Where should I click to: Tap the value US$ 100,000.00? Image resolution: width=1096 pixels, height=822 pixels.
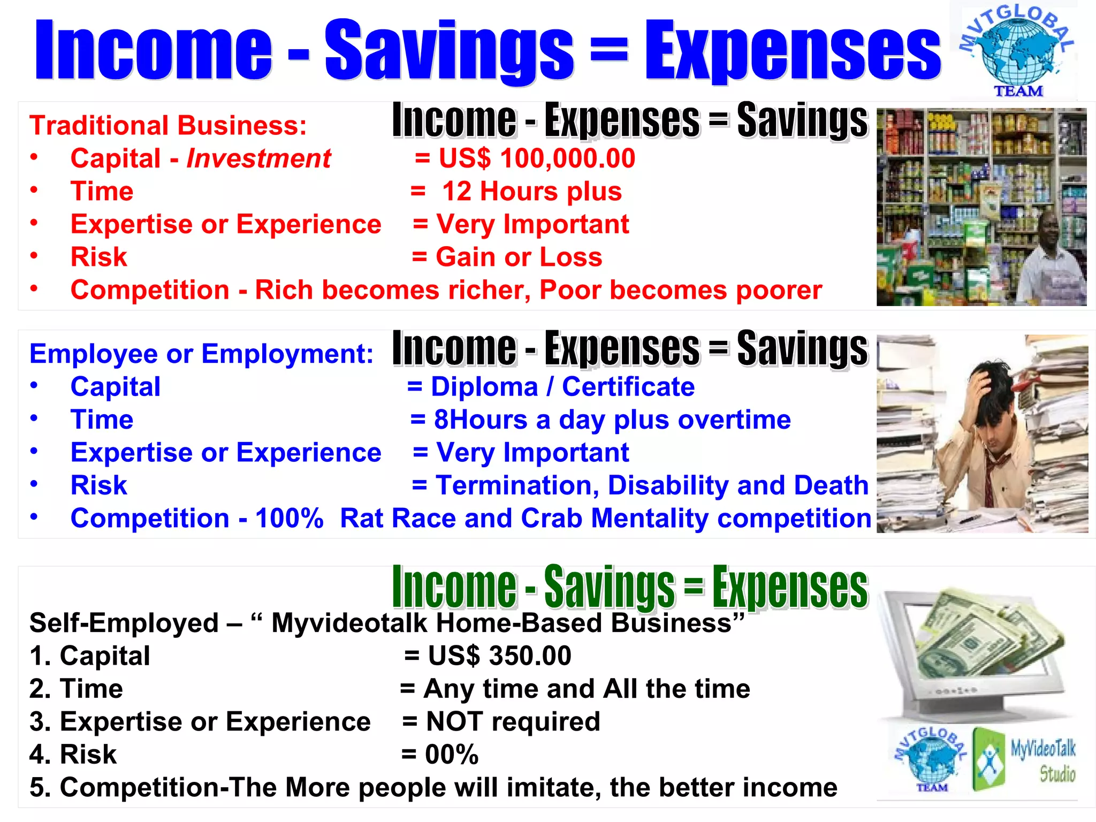tap(537, 158)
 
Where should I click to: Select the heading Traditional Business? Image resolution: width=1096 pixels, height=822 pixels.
tap(168, 126)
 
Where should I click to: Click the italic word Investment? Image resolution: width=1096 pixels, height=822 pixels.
tap(258, 158)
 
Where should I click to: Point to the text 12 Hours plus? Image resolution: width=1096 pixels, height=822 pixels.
tap(531, 192)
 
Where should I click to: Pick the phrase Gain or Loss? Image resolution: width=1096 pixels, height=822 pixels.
tap(519, 257)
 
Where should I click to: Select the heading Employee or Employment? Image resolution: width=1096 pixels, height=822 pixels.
tap(201, 354)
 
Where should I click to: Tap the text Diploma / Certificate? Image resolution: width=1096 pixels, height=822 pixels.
tap(562, 387)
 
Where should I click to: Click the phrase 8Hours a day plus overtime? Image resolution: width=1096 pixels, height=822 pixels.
tap(612, 420)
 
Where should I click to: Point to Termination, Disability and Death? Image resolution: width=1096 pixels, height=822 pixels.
tap(651, 486)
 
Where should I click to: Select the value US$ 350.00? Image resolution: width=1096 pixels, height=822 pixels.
tap(499, 656)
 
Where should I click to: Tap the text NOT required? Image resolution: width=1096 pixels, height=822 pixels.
tap(513, 722)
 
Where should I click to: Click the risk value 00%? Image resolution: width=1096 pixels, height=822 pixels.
tap(451, 755)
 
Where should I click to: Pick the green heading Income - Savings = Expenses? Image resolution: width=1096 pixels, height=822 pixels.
tap(629, 588)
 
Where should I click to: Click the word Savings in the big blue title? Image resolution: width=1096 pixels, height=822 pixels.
tap(448, 51)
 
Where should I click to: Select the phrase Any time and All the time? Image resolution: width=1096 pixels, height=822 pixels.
tap(587, 689)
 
